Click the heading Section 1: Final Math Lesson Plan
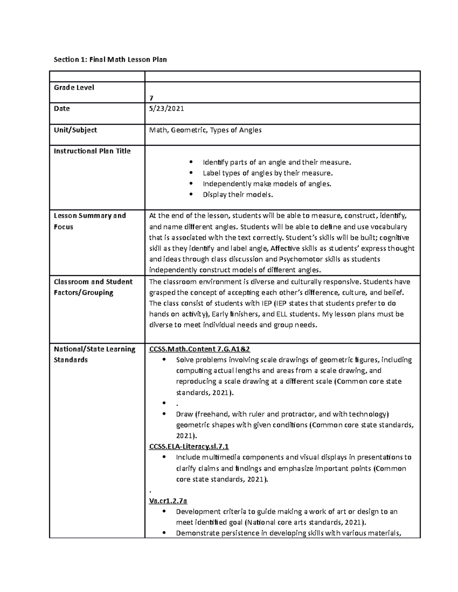tap(110, 59)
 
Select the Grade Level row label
tap(74, 87)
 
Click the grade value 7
tap(151, 98)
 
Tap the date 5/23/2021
tap(166, 109)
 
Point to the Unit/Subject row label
tap(75, 130)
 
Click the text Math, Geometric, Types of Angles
tap(205, 130)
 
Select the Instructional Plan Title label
tap(92, 151)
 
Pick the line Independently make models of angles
tap(267, 184)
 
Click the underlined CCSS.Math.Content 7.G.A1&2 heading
tap(200, 349)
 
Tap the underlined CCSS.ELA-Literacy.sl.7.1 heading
tap(189, 446)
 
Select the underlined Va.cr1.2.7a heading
tap(168, 501)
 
